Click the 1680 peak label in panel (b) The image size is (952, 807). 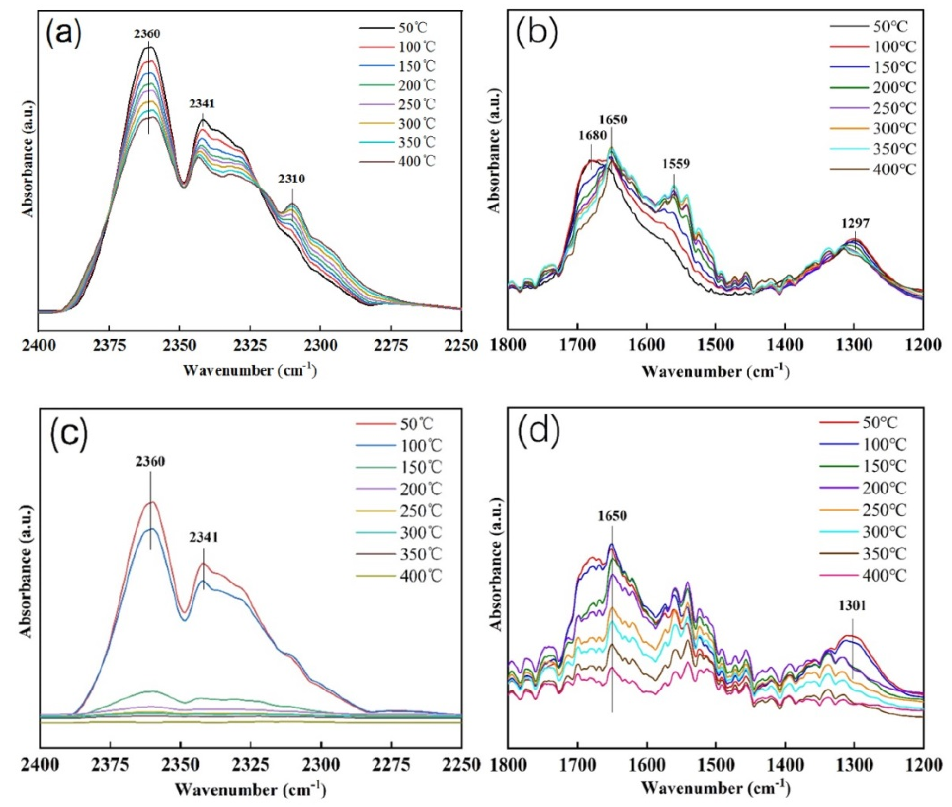coord(592,135)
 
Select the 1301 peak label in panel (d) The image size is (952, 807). coord(852,606)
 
